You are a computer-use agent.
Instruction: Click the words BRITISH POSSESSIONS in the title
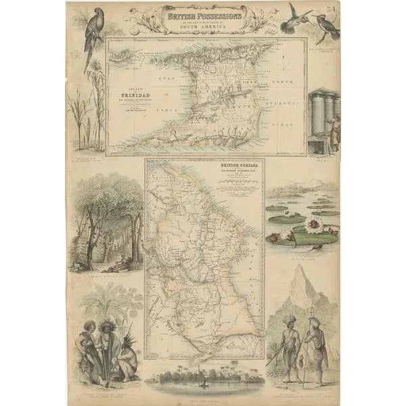203,12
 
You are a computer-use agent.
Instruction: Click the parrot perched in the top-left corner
92,34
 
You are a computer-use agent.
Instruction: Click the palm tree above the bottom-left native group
108,304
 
